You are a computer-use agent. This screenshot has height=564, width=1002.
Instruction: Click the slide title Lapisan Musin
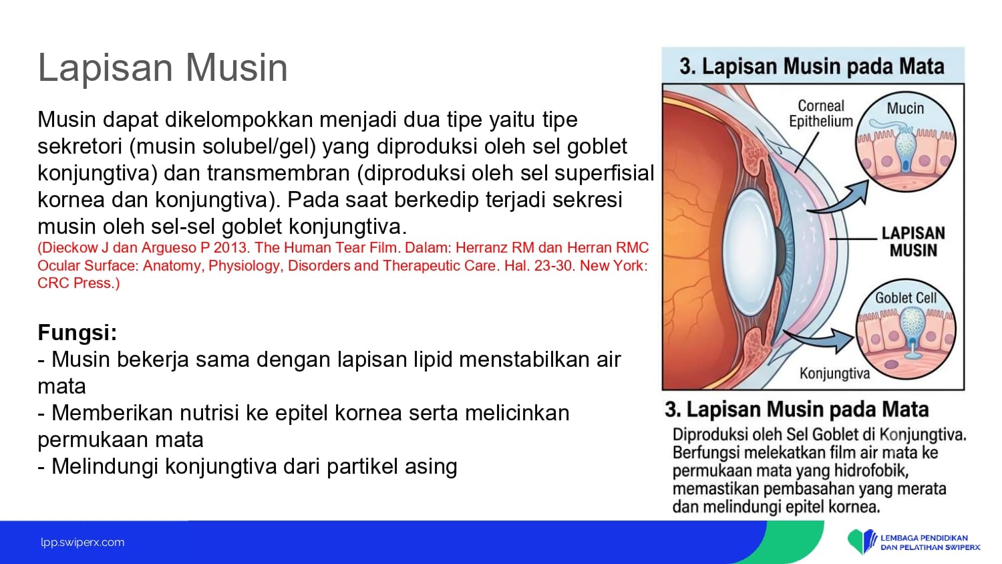coord(163,67)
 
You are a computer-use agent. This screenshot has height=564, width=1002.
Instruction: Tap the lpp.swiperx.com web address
coord(83,543)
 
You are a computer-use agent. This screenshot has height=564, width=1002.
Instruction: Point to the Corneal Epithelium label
coord(821,114)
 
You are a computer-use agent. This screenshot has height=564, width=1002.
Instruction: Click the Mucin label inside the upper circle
coord(905,108)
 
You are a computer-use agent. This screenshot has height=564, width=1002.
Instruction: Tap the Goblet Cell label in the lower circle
coord(906,298)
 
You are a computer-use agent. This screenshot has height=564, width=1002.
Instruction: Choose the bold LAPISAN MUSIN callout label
coord(913,242)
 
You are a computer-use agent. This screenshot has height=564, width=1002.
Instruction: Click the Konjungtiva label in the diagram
coord(835,374)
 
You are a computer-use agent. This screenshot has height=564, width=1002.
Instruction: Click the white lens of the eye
coord(749,252)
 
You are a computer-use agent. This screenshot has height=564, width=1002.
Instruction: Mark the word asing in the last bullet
coord(431,467)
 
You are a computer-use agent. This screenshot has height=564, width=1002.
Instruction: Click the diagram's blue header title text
coord(812,66)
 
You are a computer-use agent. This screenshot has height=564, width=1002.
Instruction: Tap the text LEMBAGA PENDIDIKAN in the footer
coord(924,538)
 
